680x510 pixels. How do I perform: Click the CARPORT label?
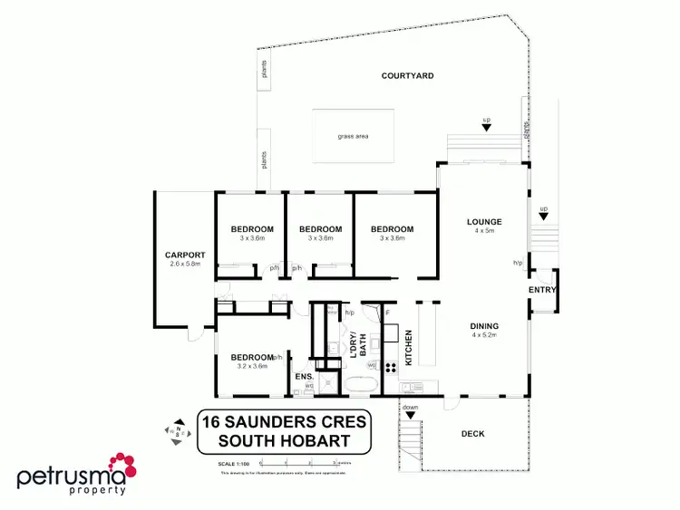[185, 255]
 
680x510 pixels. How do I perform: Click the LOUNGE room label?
[484, 221]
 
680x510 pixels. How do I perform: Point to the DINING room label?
[484, 326]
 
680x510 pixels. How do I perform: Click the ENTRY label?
[543, 290]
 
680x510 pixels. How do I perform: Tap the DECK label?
[472, 434]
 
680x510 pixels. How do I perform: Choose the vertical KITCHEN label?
[409, 348]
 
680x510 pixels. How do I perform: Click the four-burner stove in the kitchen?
[391, 368]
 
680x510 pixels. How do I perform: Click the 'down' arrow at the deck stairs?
[410, 409]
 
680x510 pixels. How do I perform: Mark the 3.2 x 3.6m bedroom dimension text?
[251, 366]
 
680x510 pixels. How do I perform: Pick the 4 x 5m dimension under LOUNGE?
[484, 231]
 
